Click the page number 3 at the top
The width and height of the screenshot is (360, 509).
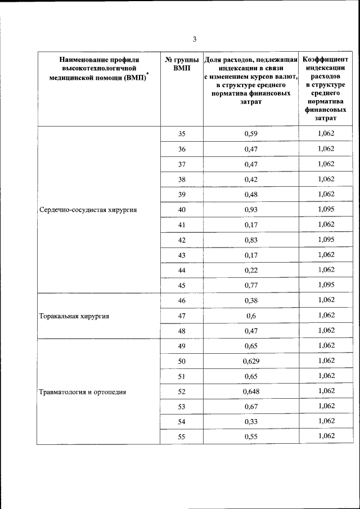pyautogui.click(x=195, y=39)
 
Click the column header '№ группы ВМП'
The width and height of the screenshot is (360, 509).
pyautogui.click(x=181, y=63)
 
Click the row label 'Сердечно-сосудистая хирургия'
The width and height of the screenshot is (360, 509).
pyautogui.click(x=88, y=210)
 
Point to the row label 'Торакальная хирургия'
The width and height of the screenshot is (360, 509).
pyautogui.click(x=74, y=316)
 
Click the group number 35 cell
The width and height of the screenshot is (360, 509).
pyautogui.click(x=181, y=134)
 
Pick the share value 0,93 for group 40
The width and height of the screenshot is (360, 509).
pyautogui.click(x=251, y=210)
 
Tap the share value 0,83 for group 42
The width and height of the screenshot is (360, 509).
pyautogui.click(x=251, y=240)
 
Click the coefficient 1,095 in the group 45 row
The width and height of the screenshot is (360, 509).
pyautogui.click(x=326, y=285)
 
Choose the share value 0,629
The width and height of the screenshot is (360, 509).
pyautogui.click(x=251, y=361)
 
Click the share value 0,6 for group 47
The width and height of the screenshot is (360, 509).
pyautogui.click(x=251, y=316)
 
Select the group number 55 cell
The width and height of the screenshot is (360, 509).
pyautogui.click(x=181, y=436)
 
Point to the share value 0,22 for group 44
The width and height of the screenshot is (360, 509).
pyautogui.click(x=251, y=270)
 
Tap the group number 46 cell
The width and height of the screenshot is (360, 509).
pyautogui.click(x=181, y=300)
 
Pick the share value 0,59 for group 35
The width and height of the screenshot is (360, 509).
pyautogui.click(x=251, y=134)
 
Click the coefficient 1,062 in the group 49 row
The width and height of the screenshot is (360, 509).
pyautogui.click(x=326, y=345)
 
